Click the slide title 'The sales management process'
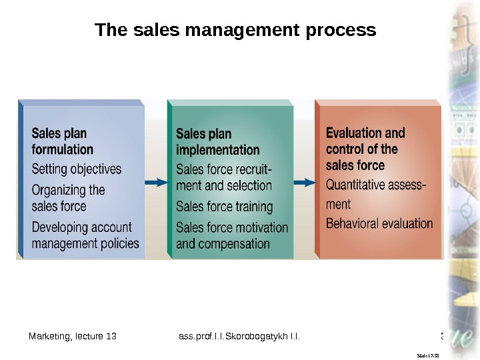(235, 31)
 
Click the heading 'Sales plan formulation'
(63, 141)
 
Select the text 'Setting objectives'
(77, 169)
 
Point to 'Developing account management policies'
(85, 235)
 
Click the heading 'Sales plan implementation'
(217, 142)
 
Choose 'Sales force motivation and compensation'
(232, 235)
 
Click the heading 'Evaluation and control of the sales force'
(365, 149)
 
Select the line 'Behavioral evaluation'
(379, 223)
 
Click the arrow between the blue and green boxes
(155, 182)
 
